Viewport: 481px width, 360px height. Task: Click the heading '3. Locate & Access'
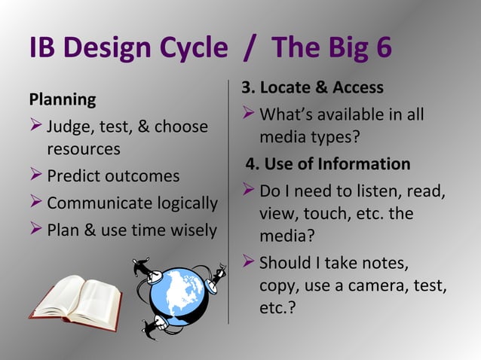click(x=312, y=88)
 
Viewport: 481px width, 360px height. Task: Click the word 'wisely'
click(x=190, y=230)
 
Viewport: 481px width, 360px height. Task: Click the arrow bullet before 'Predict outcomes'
click(x=35, y=176)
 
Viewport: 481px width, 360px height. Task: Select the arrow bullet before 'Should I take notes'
click(x=248, y=264)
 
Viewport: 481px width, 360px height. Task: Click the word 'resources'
click(x=84, y=149)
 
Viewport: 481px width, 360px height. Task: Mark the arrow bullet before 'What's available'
click(x=248, y=115)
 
